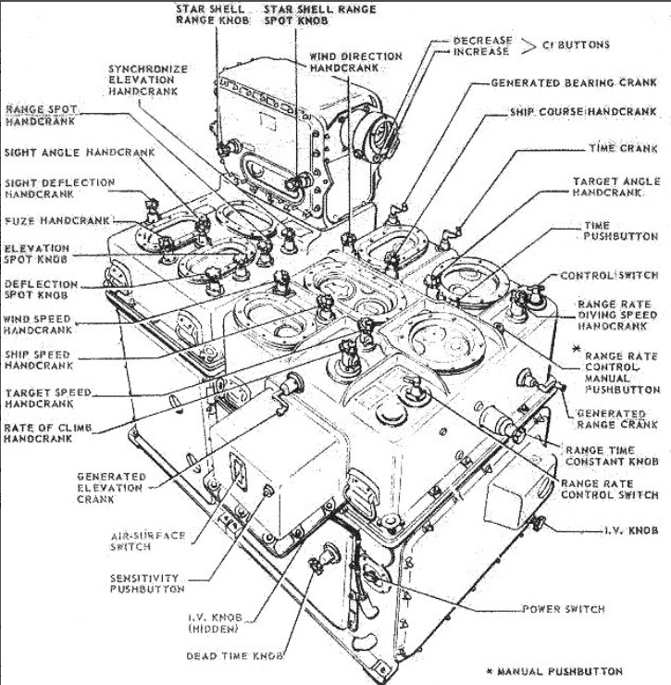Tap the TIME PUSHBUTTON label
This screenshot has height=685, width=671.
pos(608,231)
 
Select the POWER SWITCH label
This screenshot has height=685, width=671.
pos(563,609)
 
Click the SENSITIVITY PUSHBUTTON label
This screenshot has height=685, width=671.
pos(148,582)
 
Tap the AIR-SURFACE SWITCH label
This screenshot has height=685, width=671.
pos(148,541)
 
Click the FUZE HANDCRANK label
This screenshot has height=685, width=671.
pos(57,221)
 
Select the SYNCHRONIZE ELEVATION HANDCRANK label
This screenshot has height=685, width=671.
pos(148,81)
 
